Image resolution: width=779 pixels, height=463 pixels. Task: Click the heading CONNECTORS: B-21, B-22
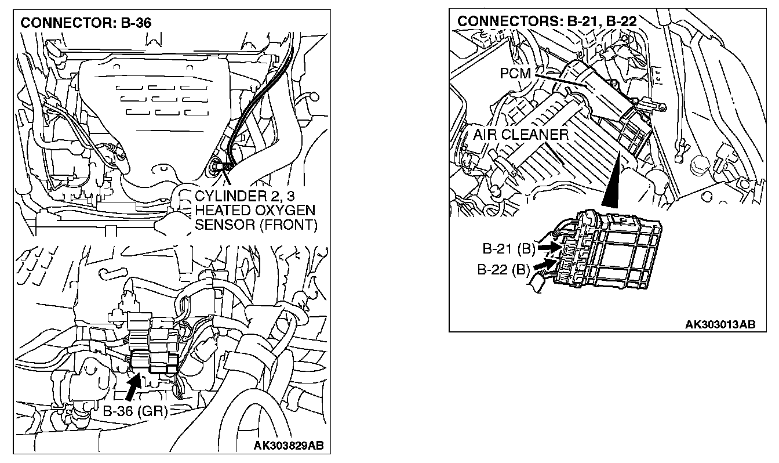[547, 21]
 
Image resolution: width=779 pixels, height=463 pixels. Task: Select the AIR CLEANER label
[520, 135]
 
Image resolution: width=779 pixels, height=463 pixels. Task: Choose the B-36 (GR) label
[135, 411]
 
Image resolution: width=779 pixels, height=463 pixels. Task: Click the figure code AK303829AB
[289, 446]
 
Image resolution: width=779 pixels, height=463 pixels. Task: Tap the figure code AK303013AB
[720, 324]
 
